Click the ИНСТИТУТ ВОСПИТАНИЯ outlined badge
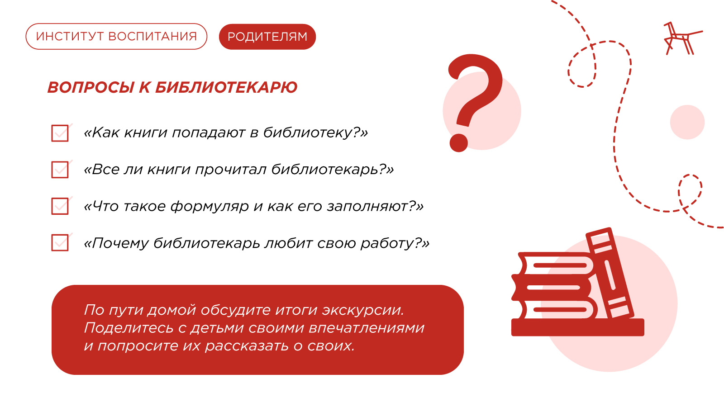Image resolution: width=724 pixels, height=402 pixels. coord(116,37)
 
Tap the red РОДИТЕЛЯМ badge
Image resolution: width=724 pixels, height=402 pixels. coord(267,37)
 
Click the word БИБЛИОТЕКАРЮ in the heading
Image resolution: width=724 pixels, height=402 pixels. coord(226,88)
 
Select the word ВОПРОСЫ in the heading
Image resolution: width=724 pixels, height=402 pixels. coord(90,88)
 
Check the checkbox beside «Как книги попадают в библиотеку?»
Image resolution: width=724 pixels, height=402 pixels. coord(60,133)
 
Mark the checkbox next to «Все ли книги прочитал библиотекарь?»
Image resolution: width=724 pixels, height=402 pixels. coord(60,170)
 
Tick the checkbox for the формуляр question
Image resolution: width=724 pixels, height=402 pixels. coord(60,206)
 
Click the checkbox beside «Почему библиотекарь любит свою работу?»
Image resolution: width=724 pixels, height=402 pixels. coord(60,242)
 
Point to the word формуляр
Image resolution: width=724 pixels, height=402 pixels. coord(210,207)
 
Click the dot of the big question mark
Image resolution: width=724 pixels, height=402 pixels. coord(459,142)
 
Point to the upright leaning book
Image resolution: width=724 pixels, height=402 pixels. coord(610,273)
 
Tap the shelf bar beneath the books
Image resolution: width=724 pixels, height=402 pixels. coord(577,327)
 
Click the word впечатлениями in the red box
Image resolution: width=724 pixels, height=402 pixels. coord(367,328)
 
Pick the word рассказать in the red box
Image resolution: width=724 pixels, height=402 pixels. coord(247,346)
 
